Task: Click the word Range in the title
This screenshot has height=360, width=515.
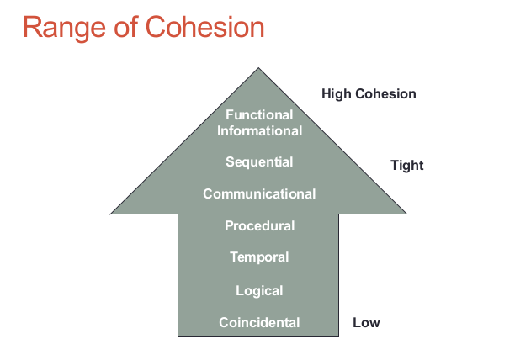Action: [64, 27]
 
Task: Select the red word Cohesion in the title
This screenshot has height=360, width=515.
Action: [207, 27]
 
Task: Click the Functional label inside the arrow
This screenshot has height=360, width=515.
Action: [259, 114]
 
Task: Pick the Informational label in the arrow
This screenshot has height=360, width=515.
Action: [259, 130]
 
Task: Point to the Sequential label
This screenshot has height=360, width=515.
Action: [259, 161]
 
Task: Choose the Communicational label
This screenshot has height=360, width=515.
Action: [259, 193]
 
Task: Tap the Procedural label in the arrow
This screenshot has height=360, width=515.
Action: [259, 225]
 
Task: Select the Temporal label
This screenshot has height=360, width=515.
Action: [259, 257]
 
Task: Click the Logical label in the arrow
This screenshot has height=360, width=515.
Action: [259, 290]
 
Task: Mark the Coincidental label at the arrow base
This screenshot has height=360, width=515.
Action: [259, 322]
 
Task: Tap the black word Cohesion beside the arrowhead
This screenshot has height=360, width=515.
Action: [385, 93]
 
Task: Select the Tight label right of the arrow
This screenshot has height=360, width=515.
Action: [406, 165]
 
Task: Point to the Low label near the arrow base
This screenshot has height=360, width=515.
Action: [366, 322]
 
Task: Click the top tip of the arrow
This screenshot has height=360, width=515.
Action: [259, 68]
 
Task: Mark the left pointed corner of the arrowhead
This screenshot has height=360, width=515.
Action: [112, 212]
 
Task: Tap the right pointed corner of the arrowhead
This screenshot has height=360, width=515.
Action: [406, 212]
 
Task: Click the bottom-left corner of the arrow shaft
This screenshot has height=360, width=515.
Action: [179, 336]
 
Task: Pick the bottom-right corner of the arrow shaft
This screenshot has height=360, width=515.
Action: [339, 336]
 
